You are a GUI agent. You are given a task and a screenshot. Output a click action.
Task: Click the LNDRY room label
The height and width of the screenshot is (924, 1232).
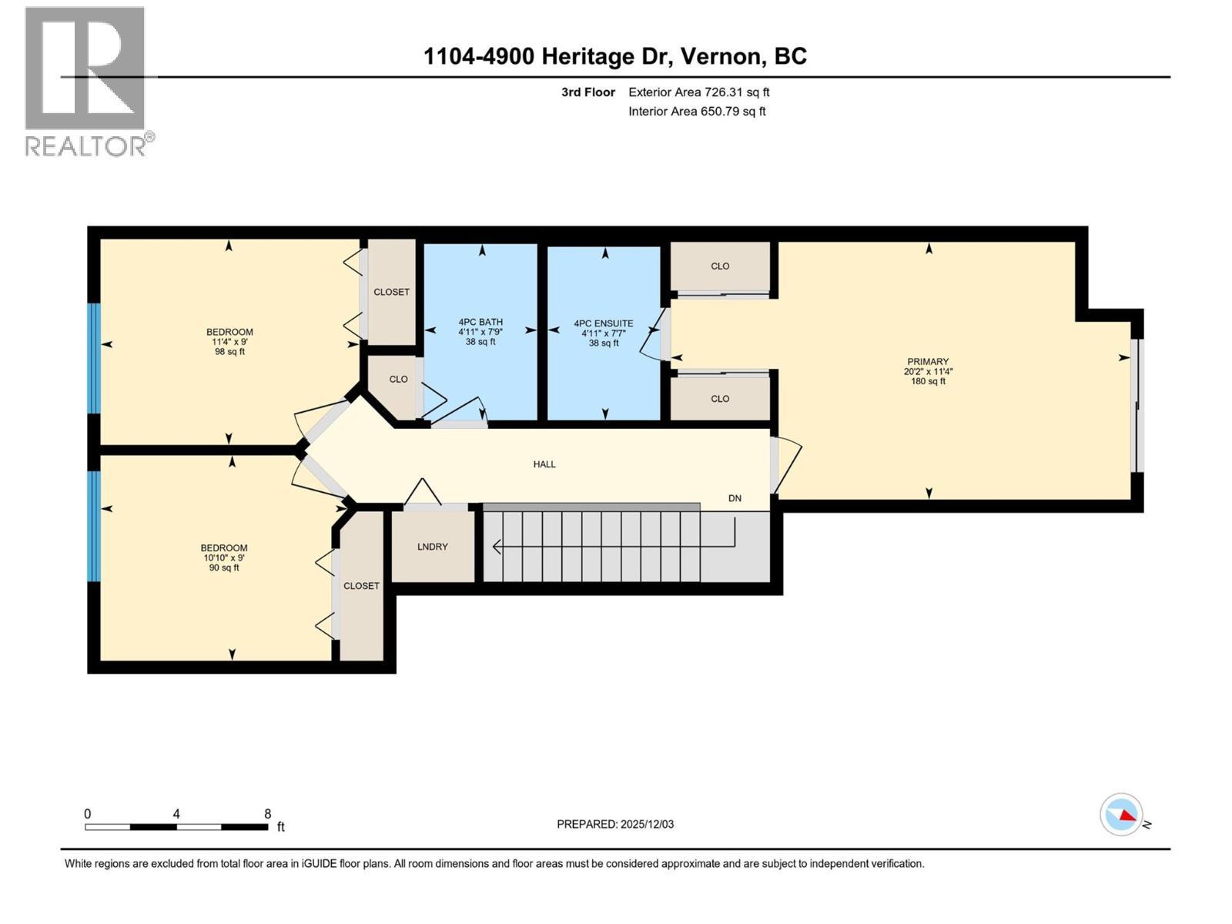tap(432, 547)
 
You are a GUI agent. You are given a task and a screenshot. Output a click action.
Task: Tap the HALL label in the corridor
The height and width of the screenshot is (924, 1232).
tap(544, 464)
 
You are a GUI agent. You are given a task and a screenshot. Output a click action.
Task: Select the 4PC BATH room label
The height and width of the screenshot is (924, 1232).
tap(480, 322)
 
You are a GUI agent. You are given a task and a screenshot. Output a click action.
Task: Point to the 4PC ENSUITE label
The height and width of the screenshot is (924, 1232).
tap(604, 324)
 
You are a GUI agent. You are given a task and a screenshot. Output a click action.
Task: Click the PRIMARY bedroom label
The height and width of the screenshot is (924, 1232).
tap(928, 361)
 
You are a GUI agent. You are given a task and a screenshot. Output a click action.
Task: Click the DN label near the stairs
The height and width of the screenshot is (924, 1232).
tap(735, 498)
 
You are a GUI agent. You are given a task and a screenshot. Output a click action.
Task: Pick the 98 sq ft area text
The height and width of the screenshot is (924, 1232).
tap(229, 352)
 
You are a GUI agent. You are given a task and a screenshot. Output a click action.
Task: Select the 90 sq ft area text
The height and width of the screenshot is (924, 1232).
tap(224, 568)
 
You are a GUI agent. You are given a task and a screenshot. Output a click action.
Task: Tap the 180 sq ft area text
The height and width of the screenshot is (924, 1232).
tap(928, 381)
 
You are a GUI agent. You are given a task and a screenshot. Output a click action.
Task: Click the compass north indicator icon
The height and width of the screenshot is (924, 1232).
tap(1121, 815)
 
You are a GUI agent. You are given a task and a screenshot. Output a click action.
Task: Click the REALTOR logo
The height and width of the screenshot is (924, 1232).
tap(85, 81)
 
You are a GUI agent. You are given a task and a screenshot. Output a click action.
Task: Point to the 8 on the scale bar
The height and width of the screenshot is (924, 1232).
tap(267, 814)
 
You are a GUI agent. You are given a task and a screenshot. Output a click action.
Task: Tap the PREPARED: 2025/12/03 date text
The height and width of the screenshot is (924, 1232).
tap(615, 824)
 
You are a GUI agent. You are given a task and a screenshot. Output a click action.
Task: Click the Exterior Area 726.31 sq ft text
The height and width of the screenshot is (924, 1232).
tap(698, 92)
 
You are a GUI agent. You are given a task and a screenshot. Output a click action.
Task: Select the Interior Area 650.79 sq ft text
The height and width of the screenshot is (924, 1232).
tap(697, 111)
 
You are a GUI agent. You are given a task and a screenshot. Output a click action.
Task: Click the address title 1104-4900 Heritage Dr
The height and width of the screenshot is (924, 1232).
tap(614, 56)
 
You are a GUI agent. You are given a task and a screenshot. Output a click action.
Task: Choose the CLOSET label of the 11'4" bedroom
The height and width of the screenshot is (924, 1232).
tap(391, 293)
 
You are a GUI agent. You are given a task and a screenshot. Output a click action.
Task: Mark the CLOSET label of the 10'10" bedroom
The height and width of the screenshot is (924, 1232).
tap(361, 586)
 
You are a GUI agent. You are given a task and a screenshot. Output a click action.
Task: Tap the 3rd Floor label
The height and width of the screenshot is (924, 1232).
tap(588, 92)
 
